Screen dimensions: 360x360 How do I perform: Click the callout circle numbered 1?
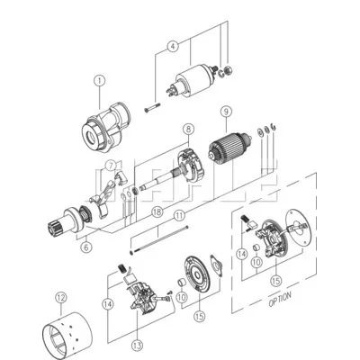[x=99, y=81]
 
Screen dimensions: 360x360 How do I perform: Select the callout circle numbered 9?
[x=226, y=113]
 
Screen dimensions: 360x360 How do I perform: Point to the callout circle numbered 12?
[x=61, y=296]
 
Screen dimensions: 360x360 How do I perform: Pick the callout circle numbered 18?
[x=157, y=213]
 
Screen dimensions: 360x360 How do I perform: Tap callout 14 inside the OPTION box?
[x=242, y=256]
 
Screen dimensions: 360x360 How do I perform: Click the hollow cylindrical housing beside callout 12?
[x=77, y=325]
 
